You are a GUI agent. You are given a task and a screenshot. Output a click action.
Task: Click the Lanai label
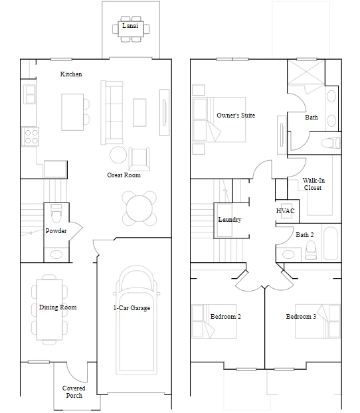(130, 25)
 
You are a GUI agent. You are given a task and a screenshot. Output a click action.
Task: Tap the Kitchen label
(71, 74)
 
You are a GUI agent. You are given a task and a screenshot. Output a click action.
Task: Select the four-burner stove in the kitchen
(31, 136)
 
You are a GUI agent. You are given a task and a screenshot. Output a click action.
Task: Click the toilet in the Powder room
(56, 214)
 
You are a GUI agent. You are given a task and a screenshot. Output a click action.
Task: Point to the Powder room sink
(56, 255)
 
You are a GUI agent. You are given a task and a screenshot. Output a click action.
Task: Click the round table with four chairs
(139, 208)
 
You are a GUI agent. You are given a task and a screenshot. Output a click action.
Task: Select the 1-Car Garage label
(132, 307)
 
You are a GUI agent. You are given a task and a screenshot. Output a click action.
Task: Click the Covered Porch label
(74, 392)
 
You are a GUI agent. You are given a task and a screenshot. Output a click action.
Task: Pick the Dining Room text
(58, 307)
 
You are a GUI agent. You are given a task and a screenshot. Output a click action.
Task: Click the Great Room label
(124, 175)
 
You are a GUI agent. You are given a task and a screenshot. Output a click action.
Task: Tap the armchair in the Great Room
(139, 159)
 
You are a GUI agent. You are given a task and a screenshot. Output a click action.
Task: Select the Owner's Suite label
(236, 115)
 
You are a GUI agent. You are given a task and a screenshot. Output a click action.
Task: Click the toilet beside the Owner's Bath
(331, 143)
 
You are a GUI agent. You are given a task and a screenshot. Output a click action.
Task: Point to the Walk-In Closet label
(313, 184)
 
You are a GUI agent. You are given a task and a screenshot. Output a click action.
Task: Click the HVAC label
(285, 210)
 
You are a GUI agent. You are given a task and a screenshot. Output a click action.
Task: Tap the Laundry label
(230, 219)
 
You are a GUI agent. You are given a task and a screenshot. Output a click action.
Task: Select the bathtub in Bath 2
(330, 243)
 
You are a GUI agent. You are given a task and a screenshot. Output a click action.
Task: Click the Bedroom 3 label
(301, 316)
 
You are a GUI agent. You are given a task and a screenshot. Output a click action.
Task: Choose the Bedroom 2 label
(226, 316)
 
